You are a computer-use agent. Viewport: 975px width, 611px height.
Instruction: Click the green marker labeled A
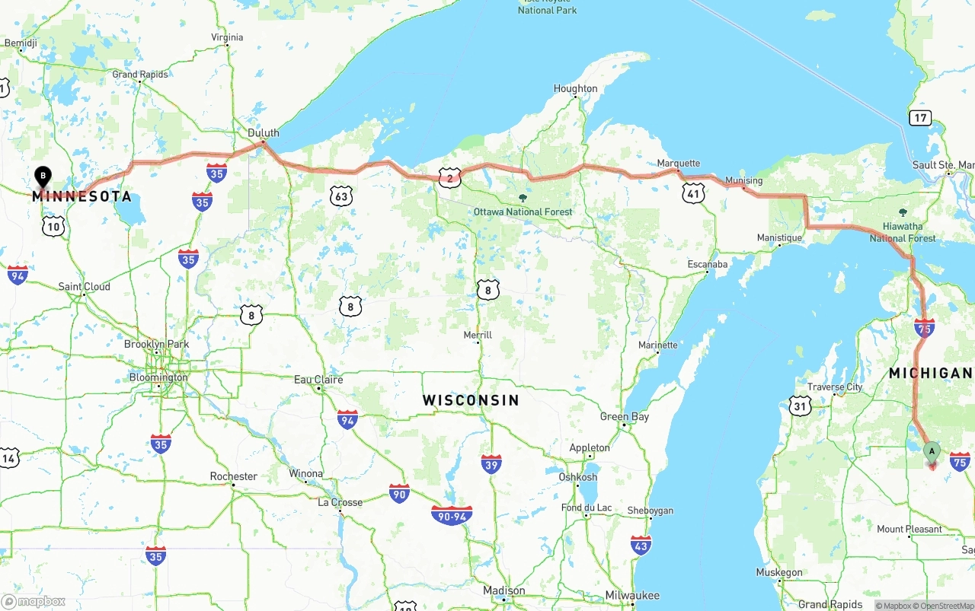pyautogui.click(x=931, y=451)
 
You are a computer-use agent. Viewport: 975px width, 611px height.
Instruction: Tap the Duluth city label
pyautogui.click(x=264, y=132)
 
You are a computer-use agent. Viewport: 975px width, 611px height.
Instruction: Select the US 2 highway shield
pyautogui.click(x=450, y=178)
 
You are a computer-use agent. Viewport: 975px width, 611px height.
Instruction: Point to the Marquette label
pyautogui.click(x=679, y=163)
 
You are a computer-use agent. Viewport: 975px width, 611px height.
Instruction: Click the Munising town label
pyautogui.click(x=743, y=180)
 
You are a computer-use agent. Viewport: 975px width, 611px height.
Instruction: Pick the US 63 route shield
pyautogui.click(x=342, y=196)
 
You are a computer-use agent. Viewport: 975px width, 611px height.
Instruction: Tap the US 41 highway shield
pyautogui.click(x=692, y=193)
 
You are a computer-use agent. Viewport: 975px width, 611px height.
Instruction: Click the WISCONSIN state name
pyautogui.click(x=471, y=400)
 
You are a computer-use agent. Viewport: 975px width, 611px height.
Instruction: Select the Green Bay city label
pyautogui.click(x=625, y=416)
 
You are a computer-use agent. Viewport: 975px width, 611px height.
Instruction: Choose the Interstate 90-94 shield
pyautogui.click(x=452, y=516)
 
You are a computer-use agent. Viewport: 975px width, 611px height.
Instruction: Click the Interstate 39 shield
pyautogui.click(x=491, y=463)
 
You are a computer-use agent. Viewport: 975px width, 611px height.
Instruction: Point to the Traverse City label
pyautogui.click(x=835, y=387)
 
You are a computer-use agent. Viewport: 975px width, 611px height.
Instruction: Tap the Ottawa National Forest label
pyautogui.click(x=523, y=212)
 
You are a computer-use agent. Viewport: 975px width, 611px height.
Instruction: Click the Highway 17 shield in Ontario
pyautogui.click(x=920, y=118)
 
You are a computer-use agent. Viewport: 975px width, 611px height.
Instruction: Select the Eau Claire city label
pyautogui.click(x=318, y=379)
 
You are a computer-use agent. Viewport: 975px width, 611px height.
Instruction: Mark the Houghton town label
pyautogui.click(x=575, y=88)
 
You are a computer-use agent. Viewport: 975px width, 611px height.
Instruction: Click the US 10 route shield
pyautogui.click(x=53, y=226)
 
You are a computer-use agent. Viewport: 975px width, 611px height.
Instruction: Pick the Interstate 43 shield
pyautogui.click(x=641, y=545)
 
